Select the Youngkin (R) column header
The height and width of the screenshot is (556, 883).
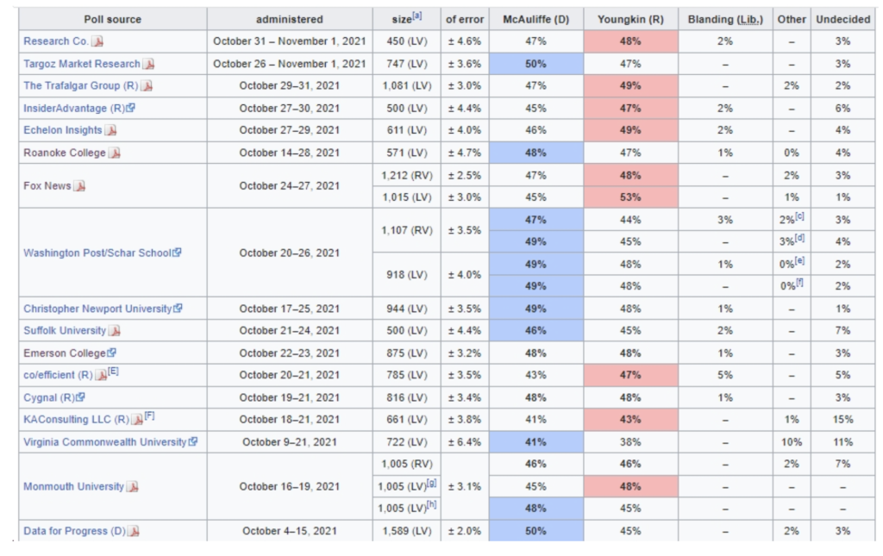coord(630,19)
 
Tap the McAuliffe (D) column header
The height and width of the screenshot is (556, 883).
coord(535,19)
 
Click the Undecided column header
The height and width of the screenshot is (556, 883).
coord(842,19)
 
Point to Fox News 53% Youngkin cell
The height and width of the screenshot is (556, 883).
coord(630,197)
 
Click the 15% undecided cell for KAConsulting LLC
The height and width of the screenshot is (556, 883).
coord(842,420)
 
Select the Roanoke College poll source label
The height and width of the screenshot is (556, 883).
coord(65,153)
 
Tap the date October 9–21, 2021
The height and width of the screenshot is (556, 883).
coord(290,442)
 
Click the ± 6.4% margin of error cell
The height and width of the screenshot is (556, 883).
coord(464,442)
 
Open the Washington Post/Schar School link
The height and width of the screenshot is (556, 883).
coord(97,253)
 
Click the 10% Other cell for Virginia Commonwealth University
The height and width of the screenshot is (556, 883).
coord(791,442)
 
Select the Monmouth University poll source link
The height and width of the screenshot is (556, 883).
coord(73,486)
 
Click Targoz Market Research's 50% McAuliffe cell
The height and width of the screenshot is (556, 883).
coord(535,64)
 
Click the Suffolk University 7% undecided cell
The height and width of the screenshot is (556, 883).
coord(842,331)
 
